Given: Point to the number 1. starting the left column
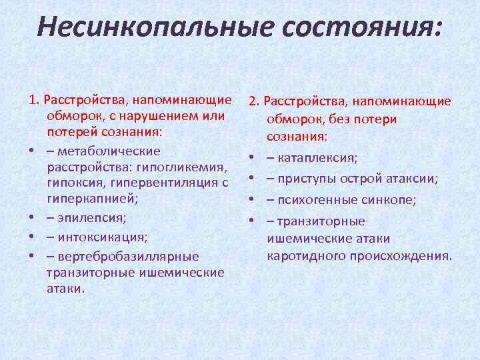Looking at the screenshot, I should tap(35, 101).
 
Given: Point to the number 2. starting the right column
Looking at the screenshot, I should tap(255, 101).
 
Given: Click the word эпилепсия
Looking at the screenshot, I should tap(90, 218).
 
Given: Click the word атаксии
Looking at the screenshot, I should tap(414, 178).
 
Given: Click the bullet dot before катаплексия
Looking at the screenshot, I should tap(253, 158).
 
